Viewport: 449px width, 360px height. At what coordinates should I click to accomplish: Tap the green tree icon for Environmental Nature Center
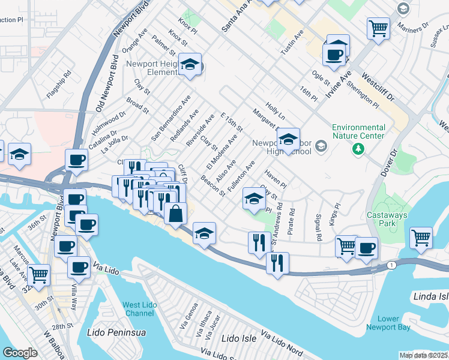tap(359, 148)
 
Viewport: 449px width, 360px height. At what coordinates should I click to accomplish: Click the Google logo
tap(20, 352)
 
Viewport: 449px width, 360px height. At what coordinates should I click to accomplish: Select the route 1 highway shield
tap(392, 265)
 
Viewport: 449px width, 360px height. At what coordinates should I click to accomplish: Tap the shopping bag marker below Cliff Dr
tap(175, 214)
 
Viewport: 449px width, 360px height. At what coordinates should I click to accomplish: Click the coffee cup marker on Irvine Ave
tap(334, 56)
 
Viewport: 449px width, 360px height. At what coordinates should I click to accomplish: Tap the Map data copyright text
tap(423, 355)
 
